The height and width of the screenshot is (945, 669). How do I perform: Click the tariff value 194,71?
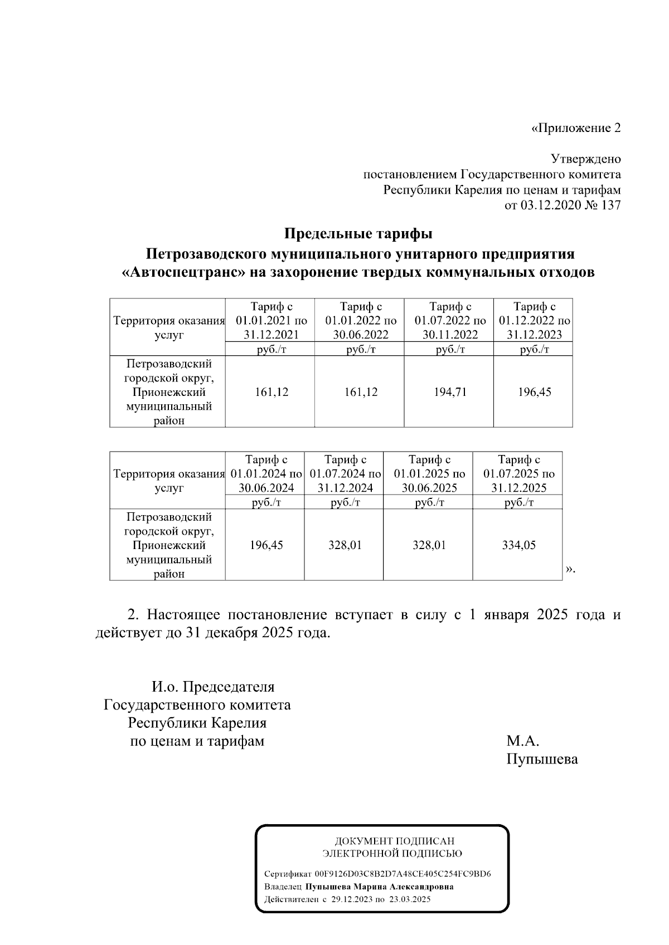tap(449, 392)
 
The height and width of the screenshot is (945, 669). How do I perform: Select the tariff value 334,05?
tap(518, 545)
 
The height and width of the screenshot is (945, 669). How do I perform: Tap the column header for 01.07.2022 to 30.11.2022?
tap(449, 321)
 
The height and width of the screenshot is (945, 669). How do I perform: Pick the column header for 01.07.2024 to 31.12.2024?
tap(345, 474)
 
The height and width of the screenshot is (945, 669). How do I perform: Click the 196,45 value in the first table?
tap(534, 392)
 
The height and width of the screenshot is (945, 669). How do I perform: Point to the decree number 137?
tap(610, 205)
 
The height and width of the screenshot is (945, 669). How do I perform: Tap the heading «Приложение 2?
tap(575, 128)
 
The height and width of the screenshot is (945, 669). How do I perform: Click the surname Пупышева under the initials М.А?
tap(542, 758)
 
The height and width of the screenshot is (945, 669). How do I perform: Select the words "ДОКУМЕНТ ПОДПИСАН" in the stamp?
tap(394, 841)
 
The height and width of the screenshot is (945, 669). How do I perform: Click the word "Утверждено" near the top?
tap(585, 159)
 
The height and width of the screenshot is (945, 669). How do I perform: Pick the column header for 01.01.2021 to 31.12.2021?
tap(272, 321)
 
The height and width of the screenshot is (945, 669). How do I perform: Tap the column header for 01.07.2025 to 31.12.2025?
tap(518, 474)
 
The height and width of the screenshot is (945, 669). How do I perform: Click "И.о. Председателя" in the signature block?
tap(214, 687)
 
